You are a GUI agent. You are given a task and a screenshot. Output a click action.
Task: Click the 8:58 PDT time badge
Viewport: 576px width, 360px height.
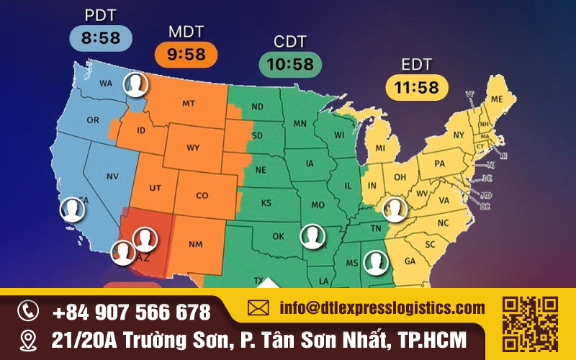102,37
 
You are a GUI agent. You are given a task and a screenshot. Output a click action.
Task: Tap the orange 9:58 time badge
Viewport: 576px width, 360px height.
186,54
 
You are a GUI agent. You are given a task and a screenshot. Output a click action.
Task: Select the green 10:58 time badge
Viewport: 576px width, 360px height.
290,64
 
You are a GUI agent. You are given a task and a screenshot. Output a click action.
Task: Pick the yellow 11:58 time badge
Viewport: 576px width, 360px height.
417,87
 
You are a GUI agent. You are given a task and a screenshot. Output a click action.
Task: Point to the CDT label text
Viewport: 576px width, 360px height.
290,41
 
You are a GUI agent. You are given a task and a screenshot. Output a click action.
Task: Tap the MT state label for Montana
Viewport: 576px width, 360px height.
189,104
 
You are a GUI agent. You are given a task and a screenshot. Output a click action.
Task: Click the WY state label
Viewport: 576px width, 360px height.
193,148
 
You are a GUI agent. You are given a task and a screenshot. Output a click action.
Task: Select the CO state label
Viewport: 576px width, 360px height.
202,195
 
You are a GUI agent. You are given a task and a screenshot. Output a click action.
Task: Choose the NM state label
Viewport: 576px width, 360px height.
195,245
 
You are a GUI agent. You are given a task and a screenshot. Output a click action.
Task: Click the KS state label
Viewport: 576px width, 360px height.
266,203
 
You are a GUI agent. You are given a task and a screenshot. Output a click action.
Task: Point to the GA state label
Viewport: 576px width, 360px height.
410,261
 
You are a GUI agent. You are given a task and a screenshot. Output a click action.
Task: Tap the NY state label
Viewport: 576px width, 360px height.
459,135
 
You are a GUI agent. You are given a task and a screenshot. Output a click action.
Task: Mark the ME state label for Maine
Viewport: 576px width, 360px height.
497,99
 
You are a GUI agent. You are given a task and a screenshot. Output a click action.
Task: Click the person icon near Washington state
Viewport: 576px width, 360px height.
135,85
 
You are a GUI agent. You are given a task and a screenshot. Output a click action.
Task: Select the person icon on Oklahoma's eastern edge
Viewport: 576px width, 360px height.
312,236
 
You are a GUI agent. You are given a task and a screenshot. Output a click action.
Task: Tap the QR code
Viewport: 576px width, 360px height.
530,323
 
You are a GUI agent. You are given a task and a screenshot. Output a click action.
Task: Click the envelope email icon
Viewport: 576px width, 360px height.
258,308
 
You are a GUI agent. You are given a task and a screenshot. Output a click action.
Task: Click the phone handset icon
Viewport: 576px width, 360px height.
28,311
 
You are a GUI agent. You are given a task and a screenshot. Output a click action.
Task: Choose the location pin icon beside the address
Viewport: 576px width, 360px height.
28,338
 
